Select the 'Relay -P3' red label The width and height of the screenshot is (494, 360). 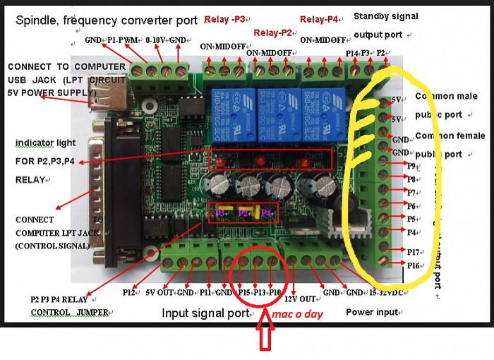coord(224,19)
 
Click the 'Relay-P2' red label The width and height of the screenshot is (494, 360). coord(272,32)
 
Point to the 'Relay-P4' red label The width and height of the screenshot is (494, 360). coord(320,19)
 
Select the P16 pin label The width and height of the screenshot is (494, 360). coord(416,265)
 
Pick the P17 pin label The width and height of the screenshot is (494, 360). coord(415,251)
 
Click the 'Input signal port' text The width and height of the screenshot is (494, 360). coord(205,312)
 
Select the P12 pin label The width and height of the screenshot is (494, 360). coord(128,292)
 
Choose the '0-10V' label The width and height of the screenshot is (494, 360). coord(155,40)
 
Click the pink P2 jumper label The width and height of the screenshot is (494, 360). coord(243,211)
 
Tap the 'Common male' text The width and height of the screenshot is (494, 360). coord(446,96)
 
